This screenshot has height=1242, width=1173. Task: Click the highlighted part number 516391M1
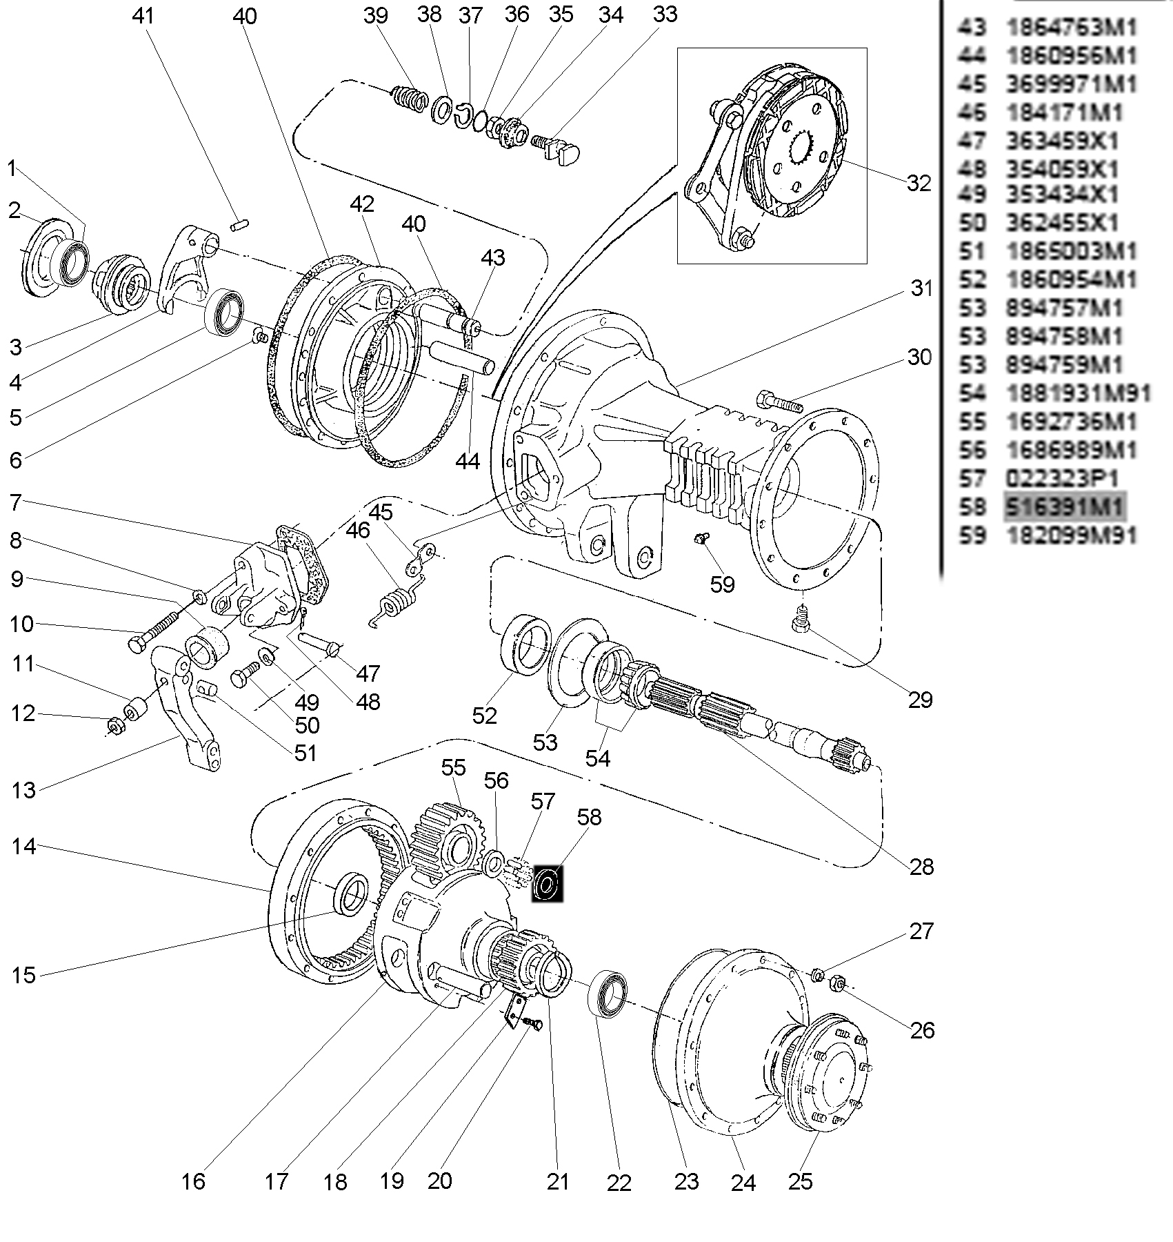pyautogui.click(x=1064, y=507)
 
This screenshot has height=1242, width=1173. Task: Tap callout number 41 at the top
pyautogui.click(x=144, y=16)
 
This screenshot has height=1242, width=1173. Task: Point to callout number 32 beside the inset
pyautogui.click(x=919, y=183)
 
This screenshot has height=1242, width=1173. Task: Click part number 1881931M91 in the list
pyautogui.click(x=1079, y=393)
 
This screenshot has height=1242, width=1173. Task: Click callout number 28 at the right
pyautogui.click(x=921, y=866)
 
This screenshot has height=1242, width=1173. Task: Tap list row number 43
pyautogui.click(x=972, y=28)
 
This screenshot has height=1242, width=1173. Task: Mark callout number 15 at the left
pyautogui.click(x=23, y=975)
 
